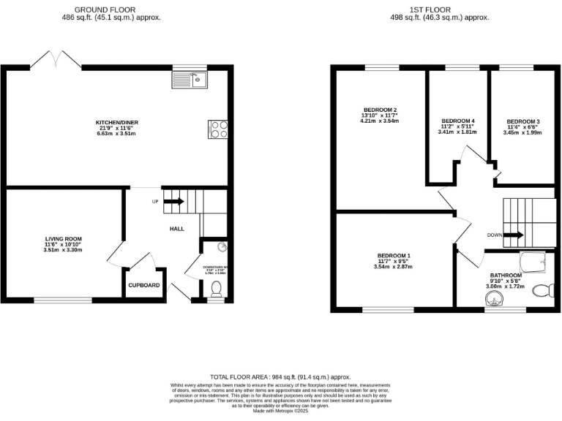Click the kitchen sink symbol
coord(191,79)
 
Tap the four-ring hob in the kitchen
coord(219,129)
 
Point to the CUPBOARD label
coord(144,285)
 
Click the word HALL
coord(176,229)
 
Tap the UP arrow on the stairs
coord(173,201)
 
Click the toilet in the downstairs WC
coord(216,292)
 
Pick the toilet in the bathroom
coord(544,292)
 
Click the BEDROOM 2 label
coord(379,110)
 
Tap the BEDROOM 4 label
coord(459,121)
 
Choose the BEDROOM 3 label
coord(523,121)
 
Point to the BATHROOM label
coord(506,275)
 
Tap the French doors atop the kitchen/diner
coord(56,61)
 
